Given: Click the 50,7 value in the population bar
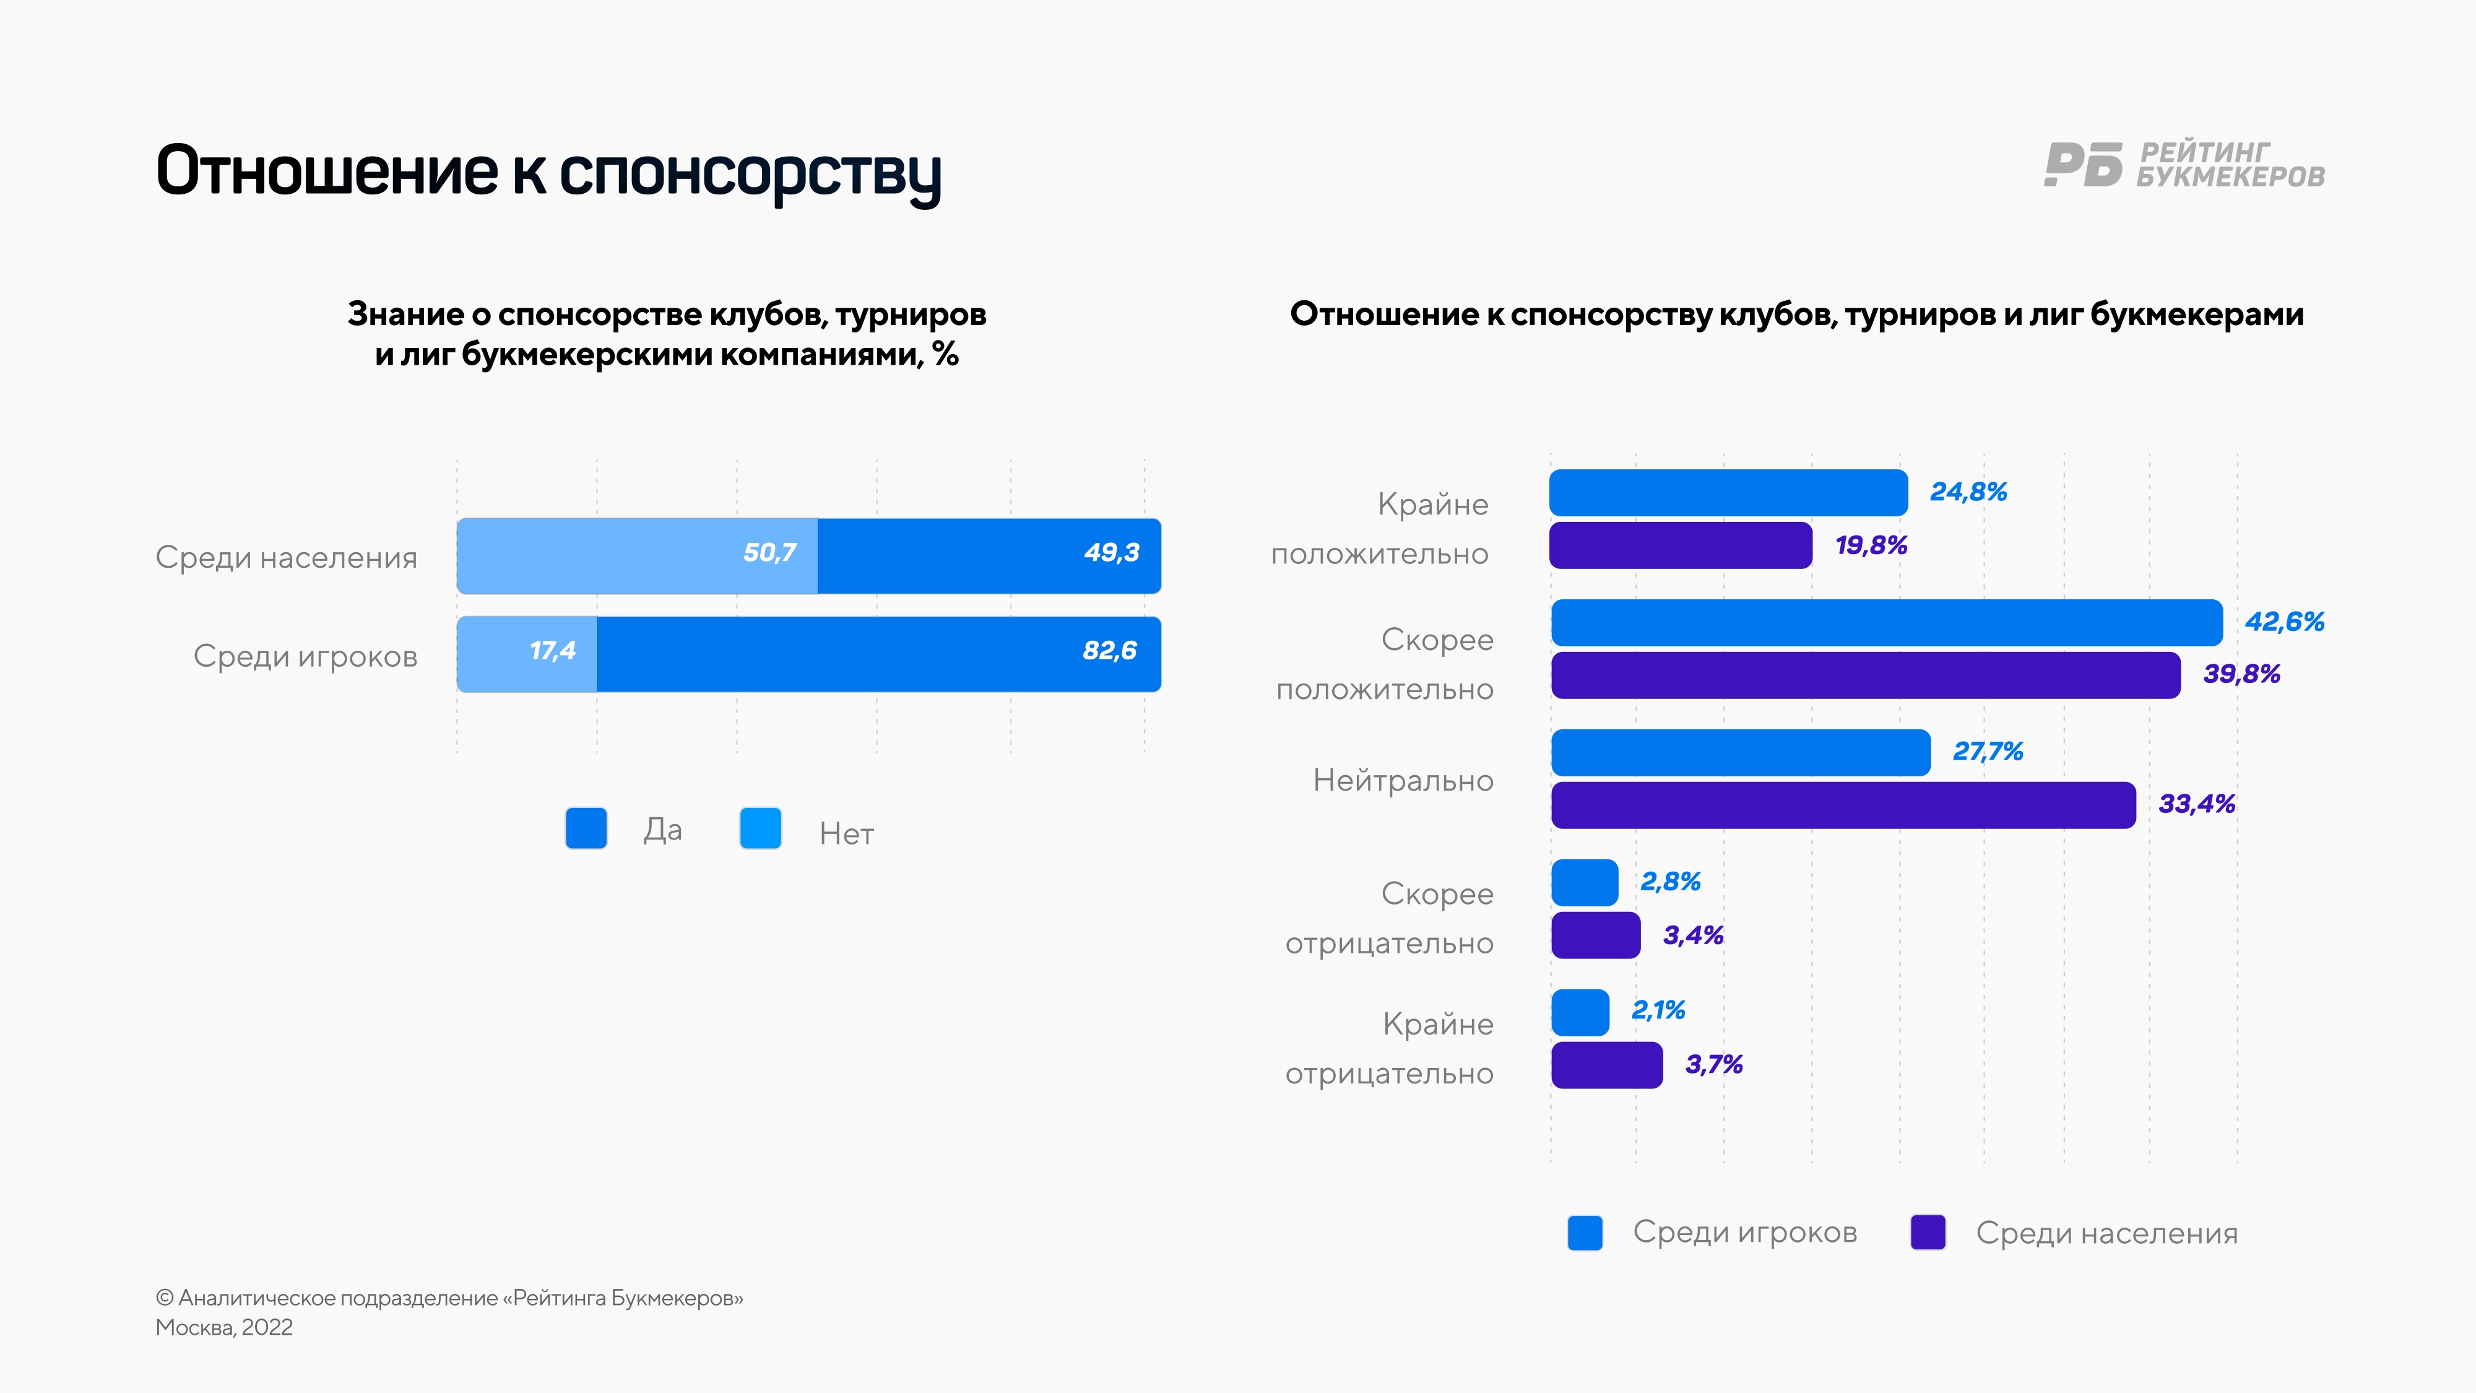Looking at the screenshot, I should [769, 553].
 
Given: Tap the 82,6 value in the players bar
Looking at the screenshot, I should [1109, 651].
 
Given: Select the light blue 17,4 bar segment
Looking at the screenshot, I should [527, 654].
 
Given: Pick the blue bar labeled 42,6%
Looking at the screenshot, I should [1886, 623].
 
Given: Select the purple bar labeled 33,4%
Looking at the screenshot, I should [1843, 805].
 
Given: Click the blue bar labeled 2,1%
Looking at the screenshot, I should [1580, 1012].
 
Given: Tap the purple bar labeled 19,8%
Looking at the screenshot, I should [1680, 545].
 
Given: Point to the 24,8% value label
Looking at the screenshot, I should [1968, 492].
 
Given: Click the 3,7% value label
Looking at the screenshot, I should [1714, 1064].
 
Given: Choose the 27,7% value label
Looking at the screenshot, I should [1988, 752].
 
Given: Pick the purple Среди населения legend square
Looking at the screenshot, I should [1928, 1233].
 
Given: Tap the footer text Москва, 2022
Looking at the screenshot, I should [224, 1327].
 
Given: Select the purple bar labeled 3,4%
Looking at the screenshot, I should [1596, 935].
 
